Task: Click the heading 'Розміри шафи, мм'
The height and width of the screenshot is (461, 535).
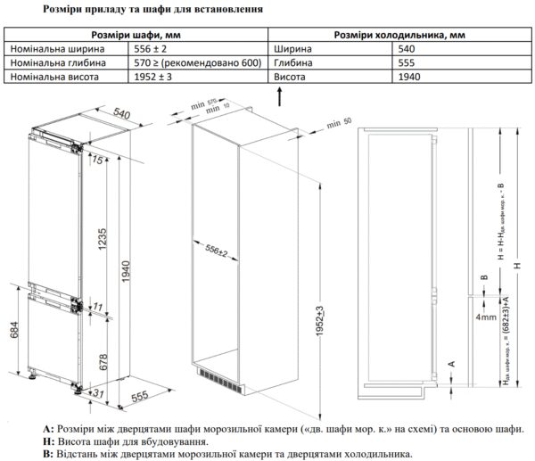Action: [x=136, y=35]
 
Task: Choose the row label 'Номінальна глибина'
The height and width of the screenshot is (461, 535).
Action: [x=53, y=63]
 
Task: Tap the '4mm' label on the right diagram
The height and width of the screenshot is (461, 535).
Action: [x=486, y=317]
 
